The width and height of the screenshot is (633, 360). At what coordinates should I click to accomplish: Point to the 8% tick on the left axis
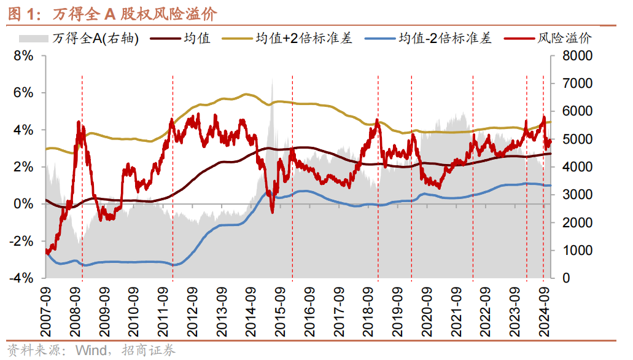pos(23,56)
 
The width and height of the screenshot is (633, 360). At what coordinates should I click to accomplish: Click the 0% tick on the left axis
pos(23,204)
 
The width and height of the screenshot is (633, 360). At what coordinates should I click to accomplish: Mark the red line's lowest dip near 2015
pos(272,212)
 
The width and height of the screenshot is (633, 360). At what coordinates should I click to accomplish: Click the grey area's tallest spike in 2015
pos(271,80)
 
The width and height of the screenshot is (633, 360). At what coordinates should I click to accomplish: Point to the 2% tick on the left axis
pos(23,167)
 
